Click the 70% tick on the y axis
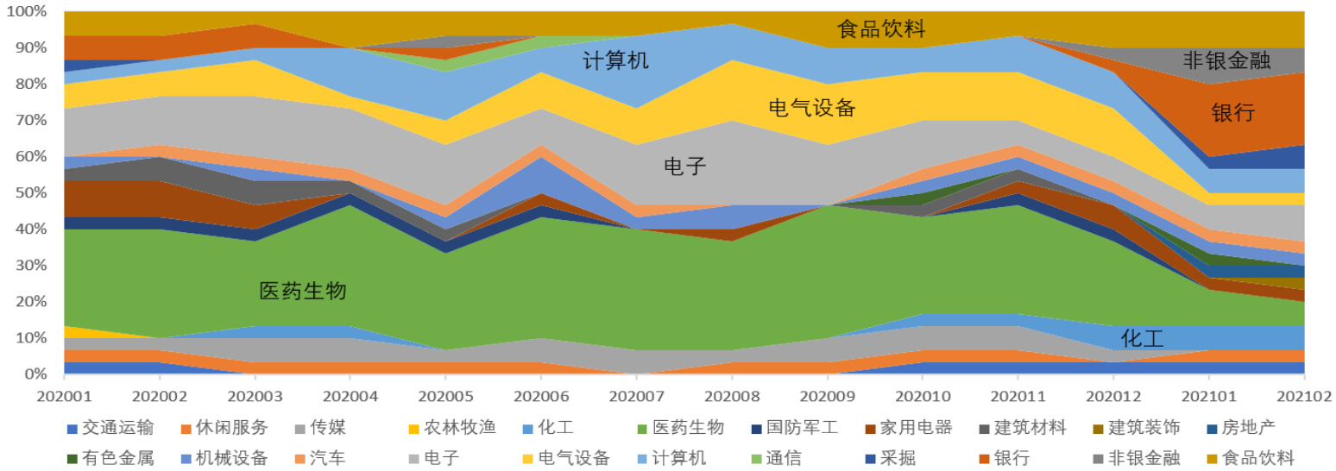[28, 121]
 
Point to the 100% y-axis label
[25, 12]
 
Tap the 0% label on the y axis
[33, 374]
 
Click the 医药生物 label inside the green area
[303, 292]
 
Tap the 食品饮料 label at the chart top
[881, 29]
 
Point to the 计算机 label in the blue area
[615, 61]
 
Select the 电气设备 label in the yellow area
[812, 108]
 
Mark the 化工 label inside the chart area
[1142, 338]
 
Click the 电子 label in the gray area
[685, 166]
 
